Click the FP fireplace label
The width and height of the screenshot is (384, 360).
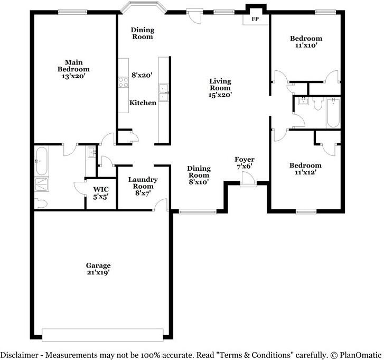255,19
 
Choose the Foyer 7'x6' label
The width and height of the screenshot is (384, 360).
244,163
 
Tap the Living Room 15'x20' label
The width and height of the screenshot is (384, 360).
220,88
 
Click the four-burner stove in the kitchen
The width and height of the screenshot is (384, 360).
124,82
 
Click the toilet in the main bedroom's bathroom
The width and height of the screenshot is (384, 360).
40,203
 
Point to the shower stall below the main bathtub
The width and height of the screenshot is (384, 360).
41,183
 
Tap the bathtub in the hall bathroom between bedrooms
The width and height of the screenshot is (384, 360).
332,113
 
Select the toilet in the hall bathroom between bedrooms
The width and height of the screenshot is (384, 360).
317,105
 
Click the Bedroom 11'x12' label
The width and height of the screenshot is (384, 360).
305,169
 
